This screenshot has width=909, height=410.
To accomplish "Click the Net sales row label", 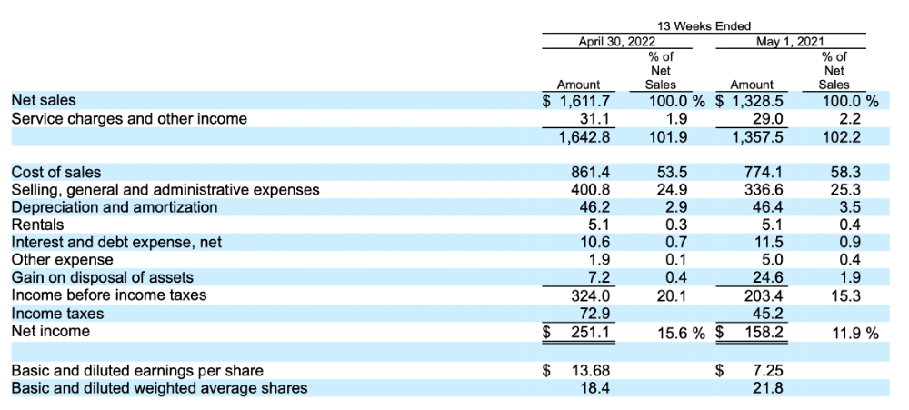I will click(x=44, y=101).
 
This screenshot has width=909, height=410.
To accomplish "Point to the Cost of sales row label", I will click(x=56, y=172).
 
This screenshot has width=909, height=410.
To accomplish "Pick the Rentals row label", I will click(x=38, y=225).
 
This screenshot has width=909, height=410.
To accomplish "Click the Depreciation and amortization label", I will click(x=115, y=207).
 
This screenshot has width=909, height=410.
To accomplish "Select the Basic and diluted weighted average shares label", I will click(x=159, y=388).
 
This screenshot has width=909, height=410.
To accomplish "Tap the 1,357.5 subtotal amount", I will click(x=758, y=137).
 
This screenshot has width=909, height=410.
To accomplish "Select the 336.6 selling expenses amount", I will click(x=764, y=190).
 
